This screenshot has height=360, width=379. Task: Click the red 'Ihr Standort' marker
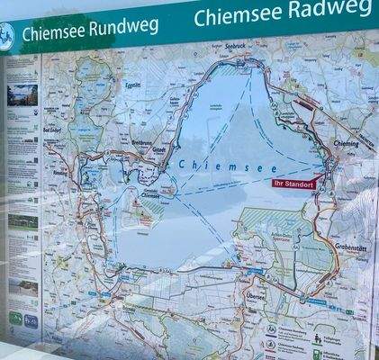point(293,183)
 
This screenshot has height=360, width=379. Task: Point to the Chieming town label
point(346,143)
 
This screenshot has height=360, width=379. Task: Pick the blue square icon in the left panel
point(31,319)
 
